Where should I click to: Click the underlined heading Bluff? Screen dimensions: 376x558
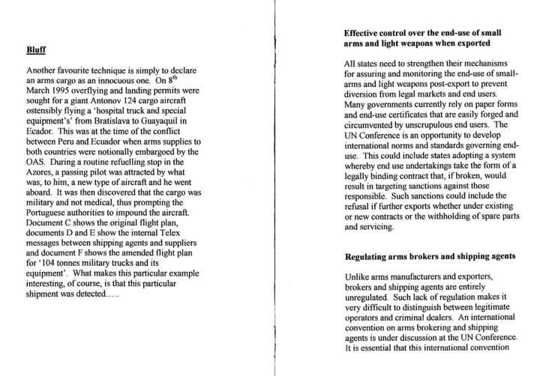37,50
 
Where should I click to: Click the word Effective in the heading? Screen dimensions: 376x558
367,34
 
